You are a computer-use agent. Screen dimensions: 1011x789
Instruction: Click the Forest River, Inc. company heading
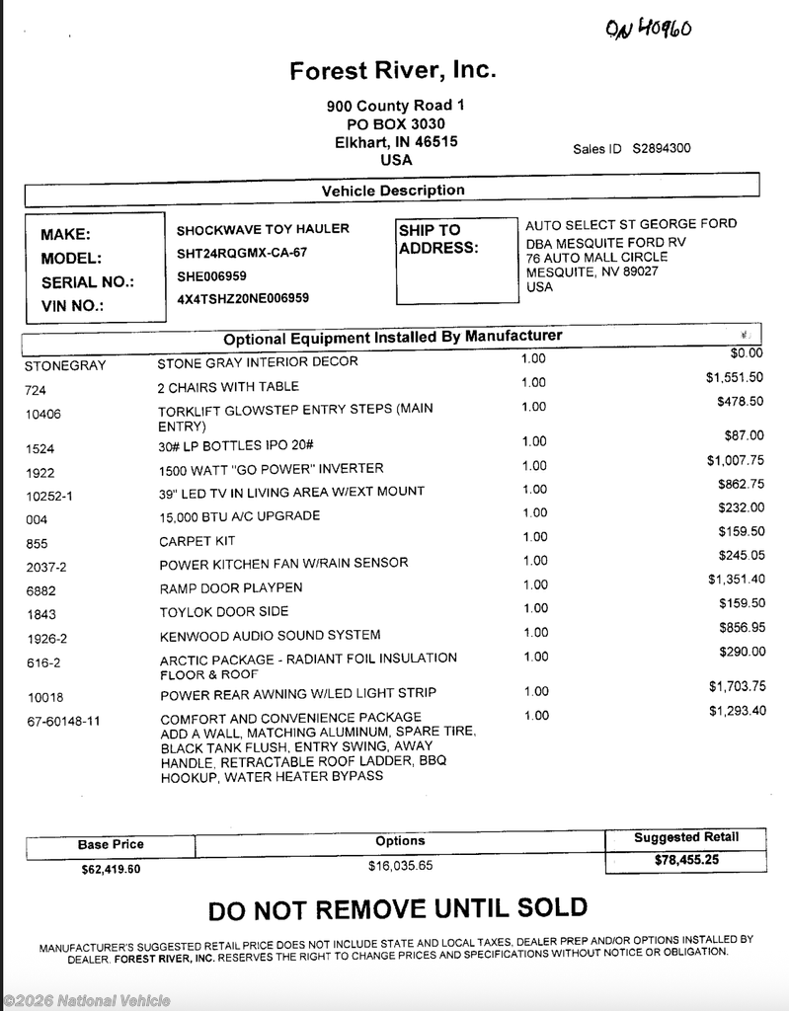[393, 71]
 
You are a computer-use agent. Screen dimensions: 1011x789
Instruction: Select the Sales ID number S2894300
[662, 149]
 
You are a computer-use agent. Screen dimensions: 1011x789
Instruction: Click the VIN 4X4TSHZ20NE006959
[243, 298]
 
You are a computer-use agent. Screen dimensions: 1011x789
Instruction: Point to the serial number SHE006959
[211, 275]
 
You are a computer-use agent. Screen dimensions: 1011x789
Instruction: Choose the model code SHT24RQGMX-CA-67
[242, 253]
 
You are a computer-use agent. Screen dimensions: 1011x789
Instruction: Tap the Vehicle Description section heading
[393, 191]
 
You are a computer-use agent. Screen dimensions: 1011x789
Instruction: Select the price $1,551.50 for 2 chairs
[734, 377]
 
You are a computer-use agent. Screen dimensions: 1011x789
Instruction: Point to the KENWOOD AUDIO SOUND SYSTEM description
[270, 635]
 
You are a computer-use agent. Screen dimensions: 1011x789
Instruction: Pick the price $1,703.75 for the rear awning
[737, 686]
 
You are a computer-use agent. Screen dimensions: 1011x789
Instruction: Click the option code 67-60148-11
[64, 722]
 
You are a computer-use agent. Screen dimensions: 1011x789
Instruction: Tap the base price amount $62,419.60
[111, 871]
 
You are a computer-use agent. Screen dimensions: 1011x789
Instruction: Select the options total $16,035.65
[400, 866]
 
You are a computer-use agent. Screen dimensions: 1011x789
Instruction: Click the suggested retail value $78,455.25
[686, 861]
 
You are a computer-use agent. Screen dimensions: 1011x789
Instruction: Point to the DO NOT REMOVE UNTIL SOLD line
[397, 908]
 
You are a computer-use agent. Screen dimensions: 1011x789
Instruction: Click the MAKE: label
[65, 235]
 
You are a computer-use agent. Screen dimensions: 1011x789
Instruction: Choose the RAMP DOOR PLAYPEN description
[231, 588]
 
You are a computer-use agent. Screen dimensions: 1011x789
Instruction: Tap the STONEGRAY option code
[65, 366]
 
